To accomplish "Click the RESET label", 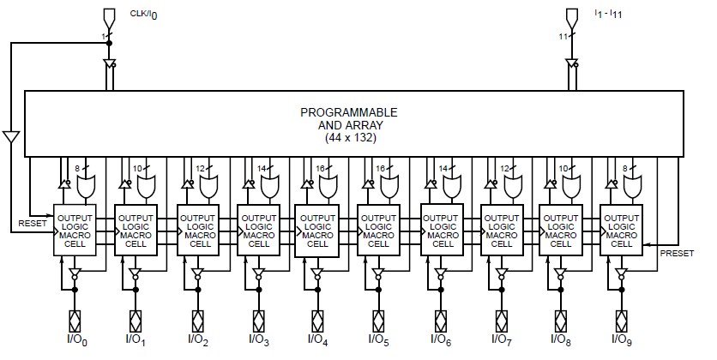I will point(33,224).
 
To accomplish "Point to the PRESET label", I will point(676,253).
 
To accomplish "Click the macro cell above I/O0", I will point(75,229).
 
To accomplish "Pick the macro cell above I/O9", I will point(621,229).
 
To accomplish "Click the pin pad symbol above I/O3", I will point(256,321).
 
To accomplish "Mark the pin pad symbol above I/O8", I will point(560,321).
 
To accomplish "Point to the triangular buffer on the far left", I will point(10,137).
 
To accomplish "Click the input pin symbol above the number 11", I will point(573,17).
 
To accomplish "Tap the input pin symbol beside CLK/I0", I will point(108,17).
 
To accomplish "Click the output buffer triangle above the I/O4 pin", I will point(317,274).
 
